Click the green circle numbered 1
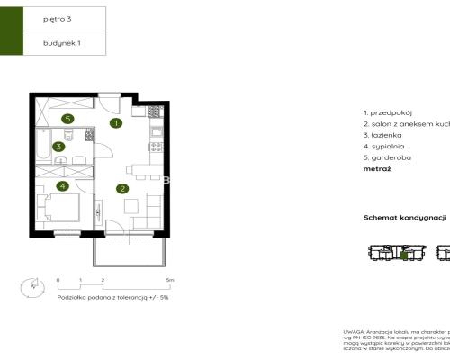pyautogui.click(x=116, y=123)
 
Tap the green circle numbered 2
pyautogui.click(x=121, y=188)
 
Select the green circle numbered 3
pyautogui.click(x=58, y=147)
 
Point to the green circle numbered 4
pyautogui.click(x=62, y=186)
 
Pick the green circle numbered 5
pyautogui.click(x=67, y=118)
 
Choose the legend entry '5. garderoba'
pyautogui.click(x=387, y=157)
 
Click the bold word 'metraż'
pyautogui.click(x=377, y=168)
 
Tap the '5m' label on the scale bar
pyautogui.click(x=169, y=281)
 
